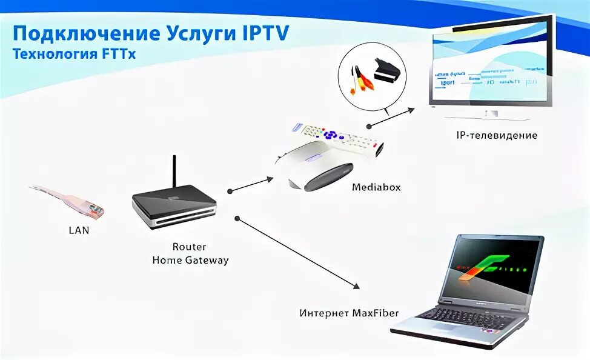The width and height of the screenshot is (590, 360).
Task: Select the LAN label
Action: (x=79, y=230)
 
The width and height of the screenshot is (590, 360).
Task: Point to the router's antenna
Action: (x=174, y=172)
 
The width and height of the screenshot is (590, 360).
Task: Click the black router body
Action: (x=174, y=206)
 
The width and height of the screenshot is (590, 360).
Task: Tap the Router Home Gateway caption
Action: (x=190, y=254)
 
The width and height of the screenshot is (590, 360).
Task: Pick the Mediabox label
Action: (x=376, y=187)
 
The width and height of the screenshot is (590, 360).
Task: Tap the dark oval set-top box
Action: (x=328, y=177)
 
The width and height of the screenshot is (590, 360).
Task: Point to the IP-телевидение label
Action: (x=497, y=135)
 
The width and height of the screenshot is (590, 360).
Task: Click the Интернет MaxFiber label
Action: (x=349, y=313)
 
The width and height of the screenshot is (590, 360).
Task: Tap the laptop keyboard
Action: (x=463, y=316)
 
